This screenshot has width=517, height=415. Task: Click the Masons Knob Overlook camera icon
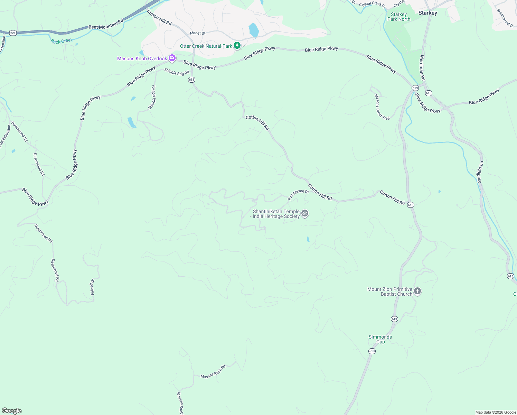click(x=172, y=58)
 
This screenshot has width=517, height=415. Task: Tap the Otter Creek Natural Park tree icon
click(x=237, y=46)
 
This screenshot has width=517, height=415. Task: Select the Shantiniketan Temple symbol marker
click(x=304, y=213)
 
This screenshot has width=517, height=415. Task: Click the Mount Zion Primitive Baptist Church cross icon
click(x=417, y=291)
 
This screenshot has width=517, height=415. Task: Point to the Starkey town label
click(x=427, y=13)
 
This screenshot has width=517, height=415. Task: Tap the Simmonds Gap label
click(x=380, y=339)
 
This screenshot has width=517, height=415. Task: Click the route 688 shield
click(x=191, y=80)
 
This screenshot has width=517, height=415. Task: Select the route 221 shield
click(x=13, y=33)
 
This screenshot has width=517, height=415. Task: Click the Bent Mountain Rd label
click(x=106, y=24)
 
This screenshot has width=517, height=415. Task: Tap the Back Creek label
click(x=62, y=41)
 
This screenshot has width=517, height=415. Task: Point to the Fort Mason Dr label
click(x=298, y=194)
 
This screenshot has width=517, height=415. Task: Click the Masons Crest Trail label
click(x=382, y=107)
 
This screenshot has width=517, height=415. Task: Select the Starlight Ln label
click(x=480, y=172)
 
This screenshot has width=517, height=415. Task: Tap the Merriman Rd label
click(x=422, y=67)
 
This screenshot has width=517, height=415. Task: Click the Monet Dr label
click(x=198, y=33)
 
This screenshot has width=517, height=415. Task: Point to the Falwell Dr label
click(x=92, y=287)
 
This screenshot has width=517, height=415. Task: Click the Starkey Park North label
click(x=399, y=17)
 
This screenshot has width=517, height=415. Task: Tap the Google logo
click(x=12, y=411)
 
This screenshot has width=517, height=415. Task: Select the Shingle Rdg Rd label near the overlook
click(x=177, y=72)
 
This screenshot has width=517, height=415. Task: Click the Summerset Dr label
click(x=505, y=18)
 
